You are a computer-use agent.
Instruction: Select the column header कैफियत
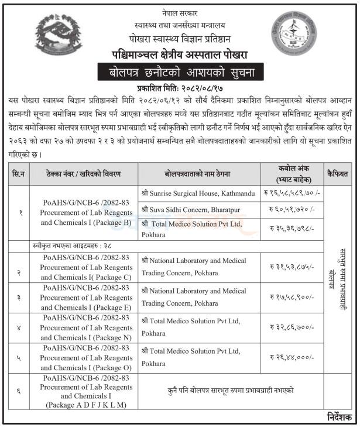click(x=338, y=174)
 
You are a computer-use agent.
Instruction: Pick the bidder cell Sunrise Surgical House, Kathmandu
click(x=198, y=193)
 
